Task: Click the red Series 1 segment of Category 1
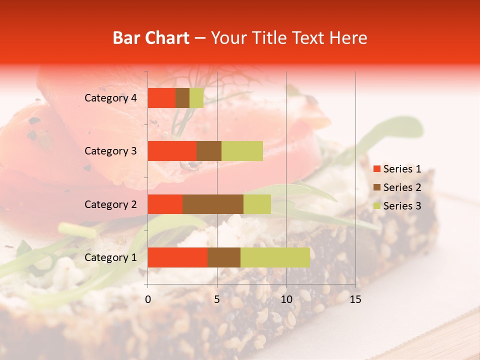pyautogui.click(x=177, y=257)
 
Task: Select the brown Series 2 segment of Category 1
pyautogui.click(x=223, y=257)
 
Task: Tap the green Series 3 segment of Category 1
pyautogui.click(x=275, y=257)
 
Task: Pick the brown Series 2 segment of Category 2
pyautogui.click(x=212, y=204)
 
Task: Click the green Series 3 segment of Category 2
pyautogui.click(x=257, y=204)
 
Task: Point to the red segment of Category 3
pyautogui.click(x=172, y=151)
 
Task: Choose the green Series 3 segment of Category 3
pyautogui.click(x=242, y=151)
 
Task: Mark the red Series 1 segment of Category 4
pyautogui.click(x=161, y=98)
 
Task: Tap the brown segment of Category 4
pyautogui.click(x=182, y=98)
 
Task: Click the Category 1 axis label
pyautogui.click(x=110, y=257)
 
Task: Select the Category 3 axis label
pyautogui.click(x=110, y=151)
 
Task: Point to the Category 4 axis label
pyautogui.click(x=110, y=98)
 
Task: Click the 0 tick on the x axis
pyautogui.click(x=148, y=299)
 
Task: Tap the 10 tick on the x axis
pyautogui.click(x=286, y=299)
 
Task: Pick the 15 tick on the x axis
pyautogui.click(x=355, y=299)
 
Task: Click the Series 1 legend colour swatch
pyautogui.click(x=376, y=169)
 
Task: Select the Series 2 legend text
pyautogui.click(x=402, y=187)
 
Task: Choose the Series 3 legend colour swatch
pyautogui.click(x=376, y=206)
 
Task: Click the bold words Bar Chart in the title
pyautogui.click(x=151, y=38)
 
